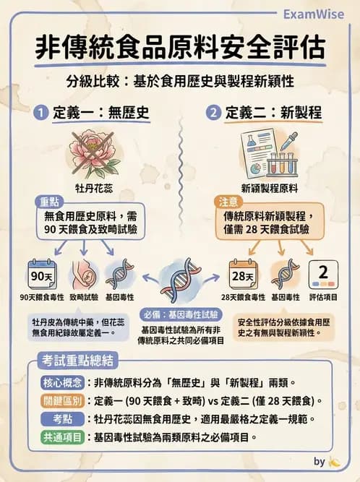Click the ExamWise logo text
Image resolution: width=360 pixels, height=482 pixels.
(x=319, y=14)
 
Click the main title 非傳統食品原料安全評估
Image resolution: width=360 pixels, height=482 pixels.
(x=179, y=48)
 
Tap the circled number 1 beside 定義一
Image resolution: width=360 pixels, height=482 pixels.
(x=43, y=113)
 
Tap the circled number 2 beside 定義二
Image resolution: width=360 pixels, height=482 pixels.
(x=213, y=113)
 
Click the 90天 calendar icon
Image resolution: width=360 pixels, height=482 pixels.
(x=42, y=275)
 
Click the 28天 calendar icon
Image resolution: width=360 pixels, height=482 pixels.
(x=243, y=275)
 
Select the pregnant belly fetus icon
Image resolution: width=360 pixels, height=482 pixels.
(x=85, y=275)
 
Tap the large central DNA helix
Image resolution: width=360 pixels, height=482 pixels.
(x=179, y=278)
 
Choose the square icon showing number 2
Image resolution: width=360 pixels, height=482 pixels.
(x=322, y=275)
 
